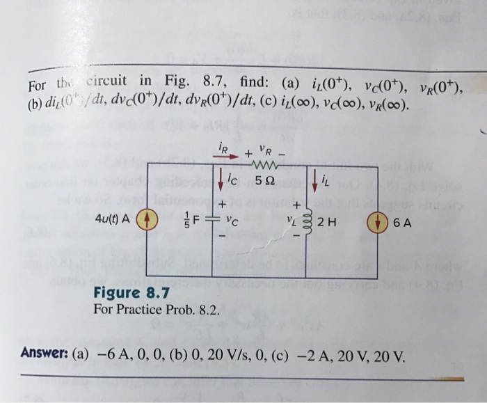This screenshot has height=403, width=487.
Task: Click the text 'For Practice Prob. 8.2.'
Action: click(x=157, y=308)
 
